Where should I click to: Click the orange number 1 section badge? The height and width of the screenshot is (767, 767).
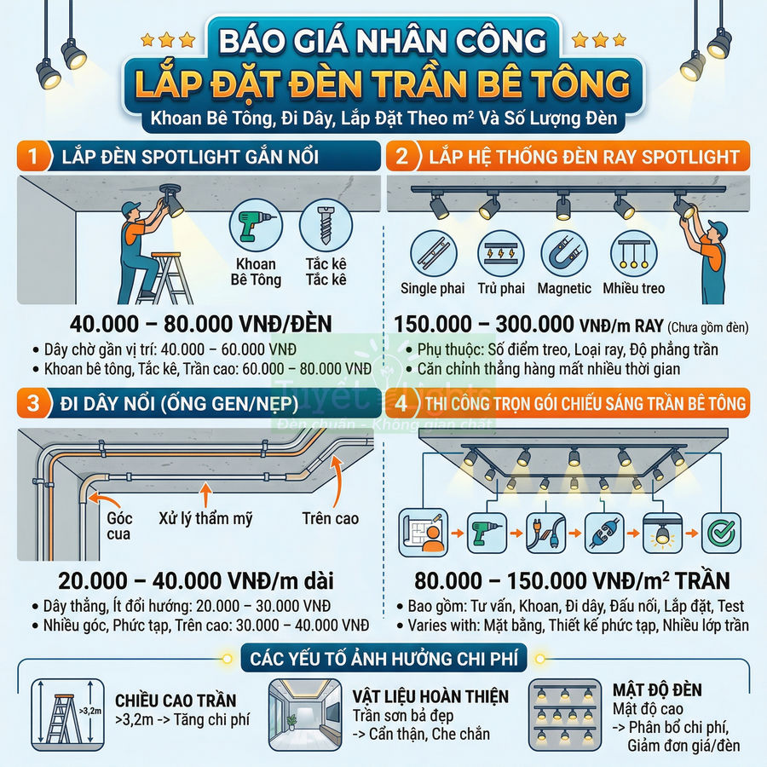click(34, 157)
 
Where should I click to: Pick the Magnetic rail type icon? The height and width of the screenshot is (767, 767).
click(564, 253)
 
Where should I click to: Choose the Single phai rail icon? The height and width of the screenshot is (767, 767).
click(432, 253)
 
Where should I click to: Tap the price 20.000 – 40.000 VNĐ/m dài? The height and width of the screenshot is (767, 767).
click(195, 580)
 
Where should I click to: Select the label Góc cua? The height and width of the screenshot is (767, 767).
click(119, 526)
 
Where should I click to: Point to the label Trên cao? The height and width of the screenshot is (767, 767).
click(330, 517)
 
